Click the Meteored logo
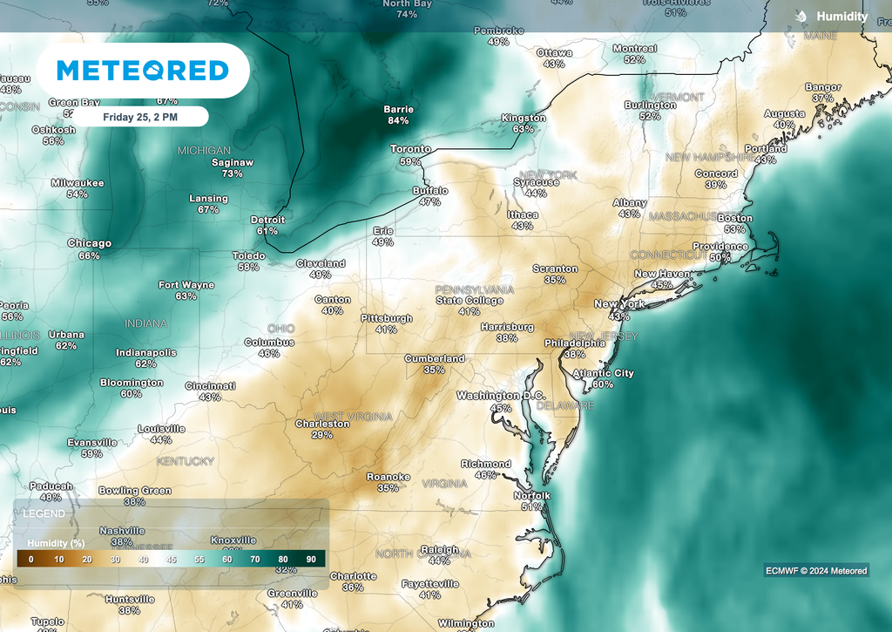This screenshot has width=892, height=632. coord(142,71)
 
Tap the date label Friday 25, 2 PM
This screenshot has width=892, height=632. coord(140,116)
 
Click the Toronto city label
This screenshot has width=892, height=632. coord(410,149)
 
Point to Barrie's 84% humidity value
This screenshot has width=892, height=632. coord(398,120)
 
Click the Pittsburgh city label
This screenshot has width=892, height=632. coord(387,319)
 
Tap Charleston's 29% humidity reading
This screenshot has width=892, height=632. coord(322,435)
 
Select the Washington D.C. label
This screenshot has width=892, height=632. coord(501,396)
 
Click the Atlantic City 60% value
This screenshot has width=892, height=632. coord(603,384)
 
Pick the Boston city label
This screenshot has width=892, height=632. coord(734,218)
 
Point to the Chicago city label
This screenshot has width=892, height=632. coord(90,244)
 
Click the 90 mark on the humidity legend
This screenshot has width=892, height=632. coord(312,559)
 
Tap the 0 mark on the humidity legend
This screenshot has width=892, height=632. coord(30,559)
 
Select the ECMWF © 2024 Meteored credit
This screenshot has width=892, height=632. coord(816,571)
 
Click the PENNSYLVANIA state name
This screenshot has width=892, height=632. coord(475,289)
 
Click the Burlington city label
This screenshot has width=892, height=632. coord(650,105)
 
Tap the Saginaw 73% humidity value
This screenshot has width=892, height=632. coord(232,173)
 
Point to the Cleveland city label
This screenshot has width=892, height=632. coord(321,263)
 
